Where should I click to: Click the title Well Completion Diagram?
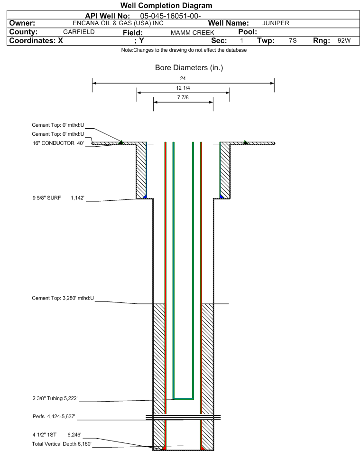pyautogui.click(x=166, y=6)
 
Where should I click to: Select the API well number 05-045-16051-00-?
pyautogui.click(x=170, y=16)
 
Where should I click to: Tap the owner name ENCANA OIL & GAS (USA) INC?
pyautogui.click(x=118, y=23)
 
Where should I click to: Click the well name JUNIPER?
pyautogui.click(x=276, y=23)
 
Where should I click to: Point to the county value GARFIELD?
pyautogui.click(x=79, y=32)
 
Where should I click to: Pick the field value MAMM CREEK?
pyautogui.click(x=192, y=33)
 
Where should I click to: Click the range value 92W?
pyautogui.click(x=344, y=40)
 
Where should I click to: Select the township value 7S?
pyautogui.click(x=293, y=40)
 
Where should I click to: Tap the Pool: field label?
pyautogui.click(x=248, y=32)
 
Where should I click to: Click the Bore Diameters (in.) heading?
pyautogui.click(x=189, y=68)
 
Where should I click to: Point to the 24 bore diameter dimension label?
pyautogui.click(x=183, y=78)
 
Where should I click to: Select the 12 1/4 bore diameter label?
pyautogui.click(x=183, y=88)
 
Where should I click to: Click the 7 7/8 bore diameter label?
pyautogui.click(x=183, y=97)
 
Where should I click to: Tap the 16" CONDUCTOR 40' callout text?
pyautogui.click(x=58, y=143)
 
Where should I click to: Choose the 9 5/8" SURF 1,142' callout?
pyautogui.click(x=58, y=198)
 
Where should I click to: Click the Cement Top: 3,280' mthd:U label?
pyautogui.click(x=63, y=298)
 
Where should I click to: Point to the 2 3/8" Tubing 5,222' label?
pyautogui.click(x=55, y=398)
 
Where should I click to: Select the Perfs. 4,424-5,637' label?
pyautogui.click(x=54, y=416)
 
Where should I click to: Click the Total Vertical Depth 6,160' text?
pyautogui.click(x=62, y=444)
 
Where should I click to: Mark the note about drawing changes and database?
pyautogui.click(x=184, y=50)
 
